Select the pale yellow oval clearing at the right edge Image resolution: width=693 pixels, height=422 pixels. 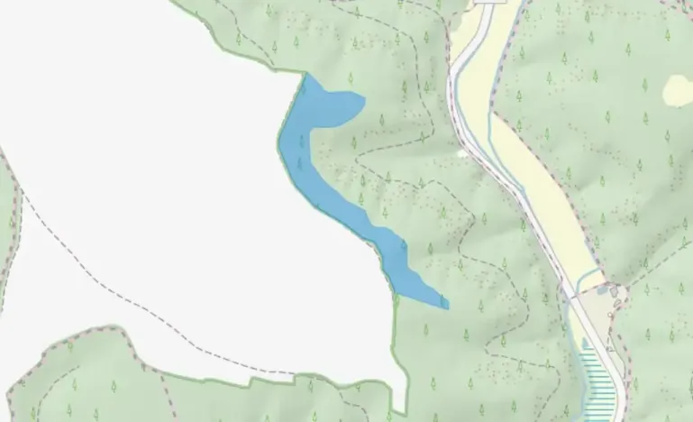(679, 90)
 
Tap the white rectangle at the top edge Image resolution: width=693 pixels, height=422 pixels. (488, 3)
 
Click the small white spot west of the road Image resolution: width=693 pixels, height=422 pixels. (463, 154)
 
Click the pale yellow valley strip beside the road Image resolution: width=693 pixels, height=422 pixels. (541, 180)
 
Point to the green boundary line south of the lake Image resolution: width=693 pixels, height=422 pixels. (395, 343)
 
